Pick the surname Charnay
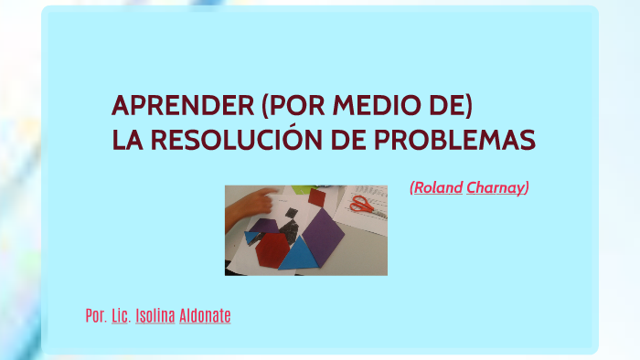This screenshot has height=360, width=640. pyautogui.click(x=496, y=188)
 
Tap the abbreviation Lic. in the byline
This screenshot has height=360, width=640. pyautogui.click(x=120, y=316)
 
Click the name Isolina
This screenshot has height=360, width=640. pyautogui.click(x=155, y=316)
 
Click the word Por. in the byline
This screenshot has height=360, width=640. pyautogui.click(x=95, y=316)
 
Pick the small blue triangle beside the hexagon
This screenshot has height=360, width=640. pyautogui.click(x=251, y=238)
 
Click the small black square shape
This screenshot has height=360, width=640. pyautogui.click(x=291, y=214)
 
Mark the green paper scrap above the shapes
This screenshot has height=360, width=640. pyautogui.click(x=299, y=190)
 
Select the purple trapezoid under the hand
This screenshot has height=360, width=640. pyautogui.click(x=264, y=227)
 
